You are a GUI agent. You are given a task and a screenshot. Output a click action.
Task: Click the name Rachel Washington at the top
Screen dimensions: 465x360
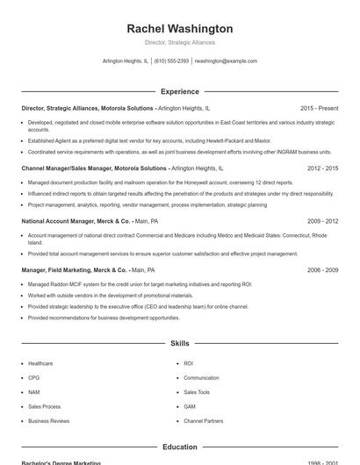(x=179, y=29)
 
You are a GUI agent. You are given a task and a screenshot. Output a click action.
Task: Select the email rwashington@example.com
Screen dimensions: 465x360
(x=226, y=61)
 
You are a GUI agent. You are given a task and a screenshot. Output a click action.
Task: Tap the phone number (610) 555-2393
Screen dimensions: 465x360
(x=171, y=61)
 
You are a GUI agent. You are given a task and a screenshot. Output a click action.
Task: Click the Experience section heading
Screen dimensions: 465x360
(x=179, y=91)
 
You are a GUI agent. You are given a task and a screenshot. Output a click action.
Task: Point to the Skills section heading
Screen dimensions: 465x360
(x=179, y=343)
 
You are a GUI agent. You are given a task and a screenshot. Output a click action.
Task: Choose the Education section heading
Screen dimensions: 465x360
(x=179, y=447)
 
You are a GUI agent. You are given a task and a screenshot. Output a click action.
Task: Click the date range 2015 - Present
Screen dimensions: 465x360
(x=319, y=108)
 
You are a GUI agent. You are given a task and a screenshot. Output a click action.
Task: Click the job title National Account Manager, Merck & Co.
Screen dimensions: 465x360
(x=76, y=222)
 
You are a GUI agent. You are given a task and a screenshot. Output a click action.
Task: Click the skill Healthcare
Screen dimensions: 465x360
(x=40, y=363)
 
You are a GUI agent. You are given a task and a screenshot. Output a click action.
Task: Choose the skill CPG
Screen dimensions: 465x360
(x=34, y=378)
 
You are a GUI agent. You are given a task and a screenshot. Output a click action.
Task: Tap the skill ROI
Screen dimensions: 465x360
(x=188, y=363)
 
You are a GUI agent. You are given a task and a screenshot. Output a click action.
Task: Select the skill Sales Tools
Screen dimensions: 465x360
(x=197, y=392)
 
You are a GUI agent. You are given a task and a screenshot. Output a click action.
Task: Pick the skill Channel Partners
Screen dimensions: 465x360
(x=203, y=421)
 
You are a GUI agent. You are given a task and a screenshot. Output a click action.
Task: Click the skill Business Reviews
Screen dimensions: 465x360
(x=48, y=421)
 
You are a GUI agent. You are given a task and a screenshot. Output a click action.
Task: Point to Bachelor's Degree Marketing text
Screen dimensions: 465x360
(x=61, y=462)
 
